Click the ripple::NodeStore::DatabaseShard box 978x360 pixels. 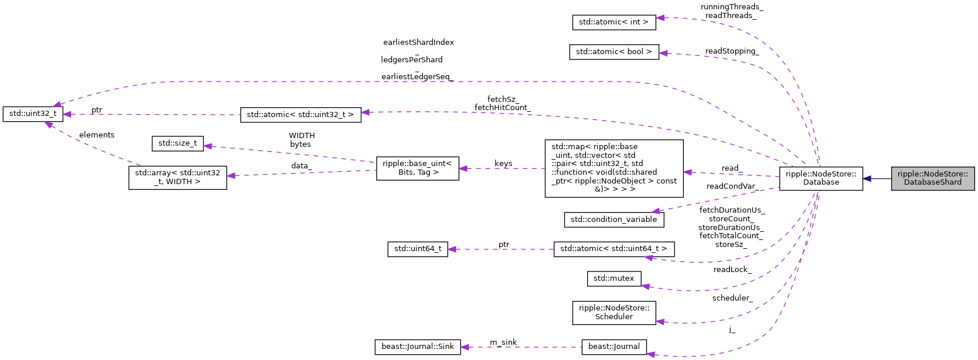[932, 178]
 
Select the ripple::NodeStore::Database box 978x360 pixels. [821, 178]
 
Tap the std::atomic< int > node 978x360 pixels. [613, 22]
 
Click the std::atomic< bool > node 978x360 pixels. [613, 52]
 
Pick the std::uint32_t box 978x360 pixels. [33, 114]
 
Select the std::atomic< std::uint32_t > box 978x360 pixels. [300, 115]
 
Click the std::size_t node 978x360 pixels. [178, 143]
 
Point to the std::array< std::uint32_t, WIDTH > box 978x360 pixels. [178, 177]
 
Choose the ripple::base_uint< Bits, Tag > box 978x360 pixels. [417, 168]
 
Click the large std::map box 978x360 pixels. [613, 168]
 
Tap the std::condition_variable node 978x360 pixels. [613, 220]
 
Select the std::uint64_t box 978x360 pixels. [417, 249]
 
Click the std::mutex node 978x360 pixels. [613, 278]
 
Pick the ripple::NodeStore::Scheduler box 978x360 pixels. [613, 312]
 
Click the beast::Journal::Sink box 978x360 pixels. [417, 347]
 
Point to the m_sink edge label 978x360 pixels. [503, 342]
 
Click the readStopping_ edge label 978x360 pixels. [732, 51]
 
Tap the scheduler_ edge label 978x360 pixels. [732, 298]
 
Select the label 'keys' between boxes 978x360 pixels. [503, 164]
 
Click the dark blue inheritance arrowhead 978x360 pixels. [867, 178]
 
